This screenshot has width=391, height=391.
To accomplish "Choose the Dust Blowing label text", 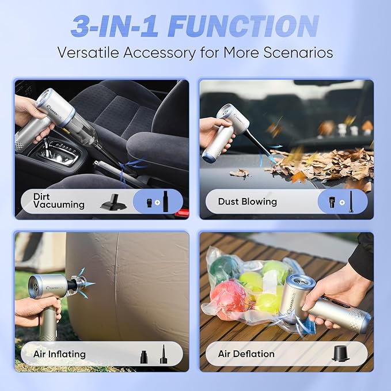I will [247, 202].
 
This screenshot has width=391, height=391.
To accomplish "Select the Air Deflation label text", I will [246, 354].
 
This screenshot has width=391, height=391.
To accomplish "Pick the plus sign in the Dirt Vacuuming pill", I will [156, 202].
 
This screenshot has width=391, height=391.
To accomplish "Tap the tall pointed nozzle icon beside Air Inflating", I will [163, 353].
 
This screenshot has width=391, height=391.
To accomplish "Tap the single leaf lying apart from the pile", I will [239, 173].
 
